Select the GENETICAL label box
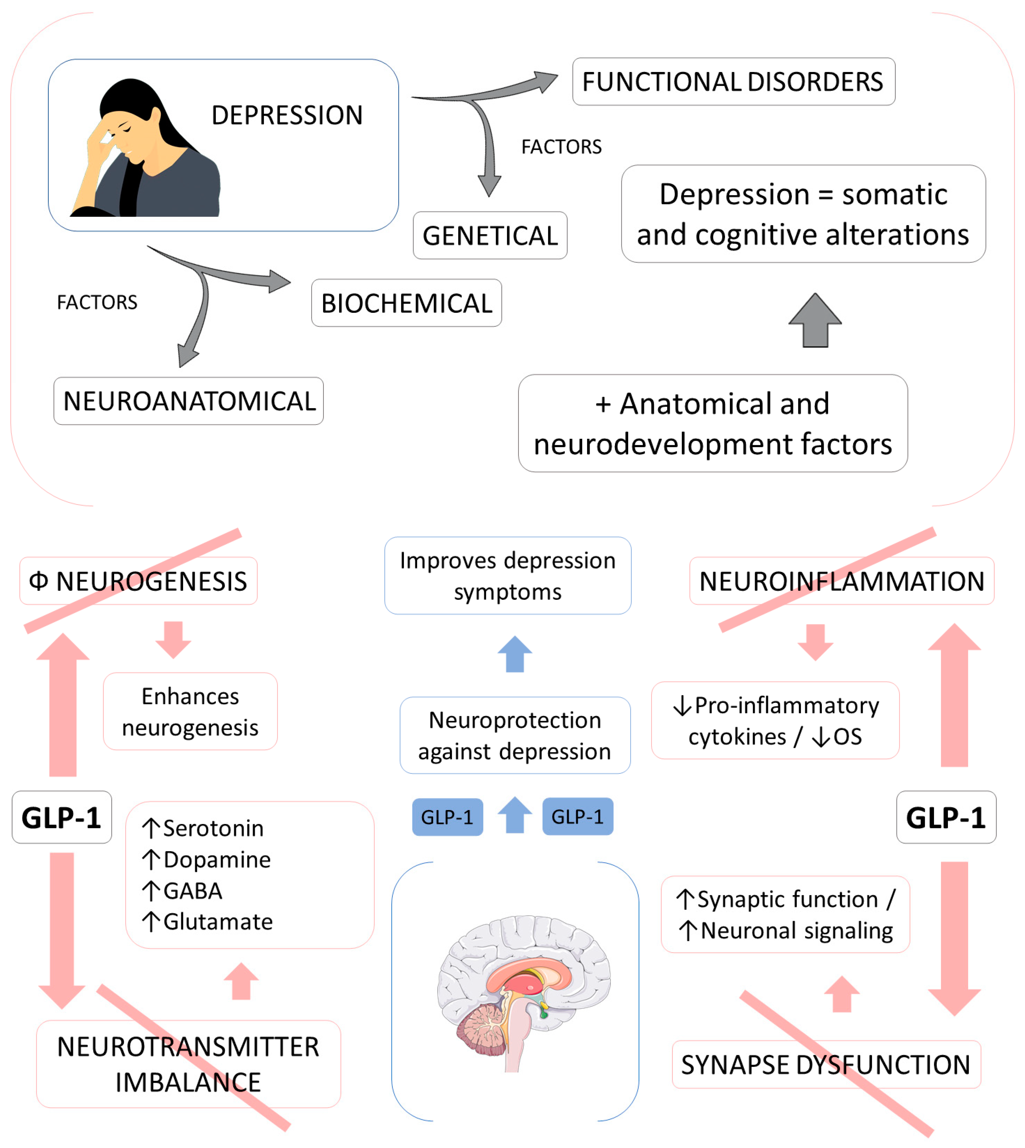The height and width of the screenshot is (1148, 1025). point(490,235)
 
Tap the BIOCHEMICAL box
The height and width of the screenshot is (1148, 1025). point(407,303)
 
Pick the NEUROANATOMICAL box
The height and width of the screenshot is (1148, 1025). point(189,401)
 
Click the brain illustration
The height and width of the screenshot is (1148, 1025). point(524,994)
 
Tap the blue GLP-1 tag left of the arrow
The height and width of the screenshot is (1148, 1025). point(448,817)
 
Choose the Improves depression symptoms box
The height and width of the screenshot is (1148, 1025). point(508,576)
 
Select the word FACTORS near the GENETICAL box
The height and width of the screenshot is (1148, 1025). point(561,147)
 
